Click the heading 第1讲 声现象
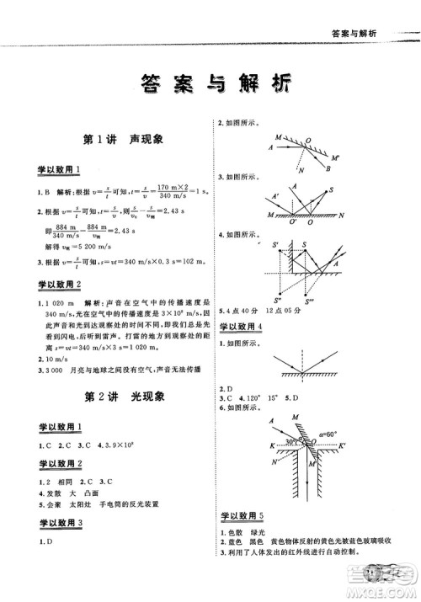click(x=117, y=139)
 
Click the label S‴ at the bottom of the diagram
click(x=310, y=300)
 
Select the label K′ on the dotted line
click(x=354, y=445)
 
